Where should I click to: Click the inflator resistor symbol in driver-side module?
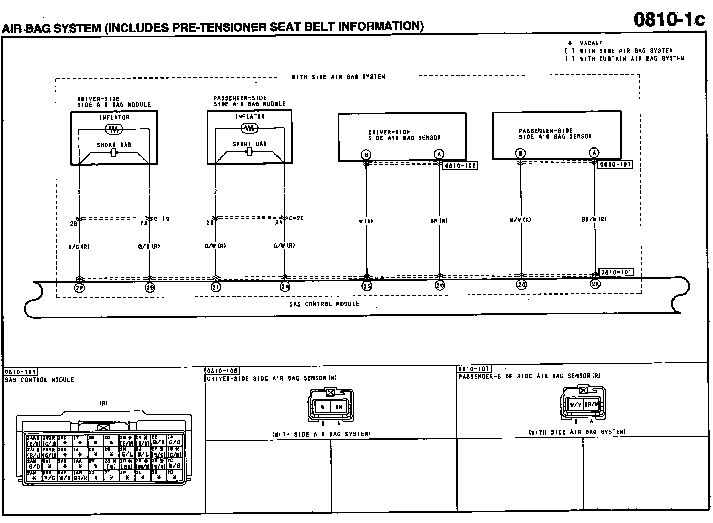[x=114, y=129]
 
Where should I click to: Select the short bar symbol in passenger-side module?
[x=249, y=152]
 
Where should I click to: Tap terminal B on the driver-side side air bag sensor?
[x=366, y=155]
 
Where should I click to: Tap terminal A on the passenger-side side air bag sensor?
[x=594, y=153]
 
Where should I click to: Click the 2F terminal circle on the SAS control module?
[x=79, y=288]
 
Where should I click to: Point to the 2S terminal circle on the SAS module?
[x=367, y=286]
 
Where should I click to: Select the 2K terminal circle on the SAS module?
[x=595, y=284]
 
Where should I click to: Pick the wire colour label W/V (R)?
[x=520, y=220]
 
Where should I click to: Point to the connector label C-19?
[x=161, y=219]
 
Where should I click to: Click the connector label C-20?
[x=296, y=218]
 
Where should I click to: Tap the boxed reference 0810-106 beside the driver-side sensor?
[x=460, y=166]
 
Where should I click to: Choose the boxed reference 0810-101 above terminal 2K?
[x=616, y=272]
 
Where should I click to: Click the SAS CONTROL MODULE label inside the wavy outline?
[x=324, y=304]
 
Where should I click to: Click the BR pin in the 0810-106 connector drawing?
[x=338, y=407]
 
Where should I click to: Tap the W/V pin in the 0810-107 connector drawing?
[x=575, y=405]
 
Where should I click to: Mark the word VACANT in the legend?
[x=591, y=43]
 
